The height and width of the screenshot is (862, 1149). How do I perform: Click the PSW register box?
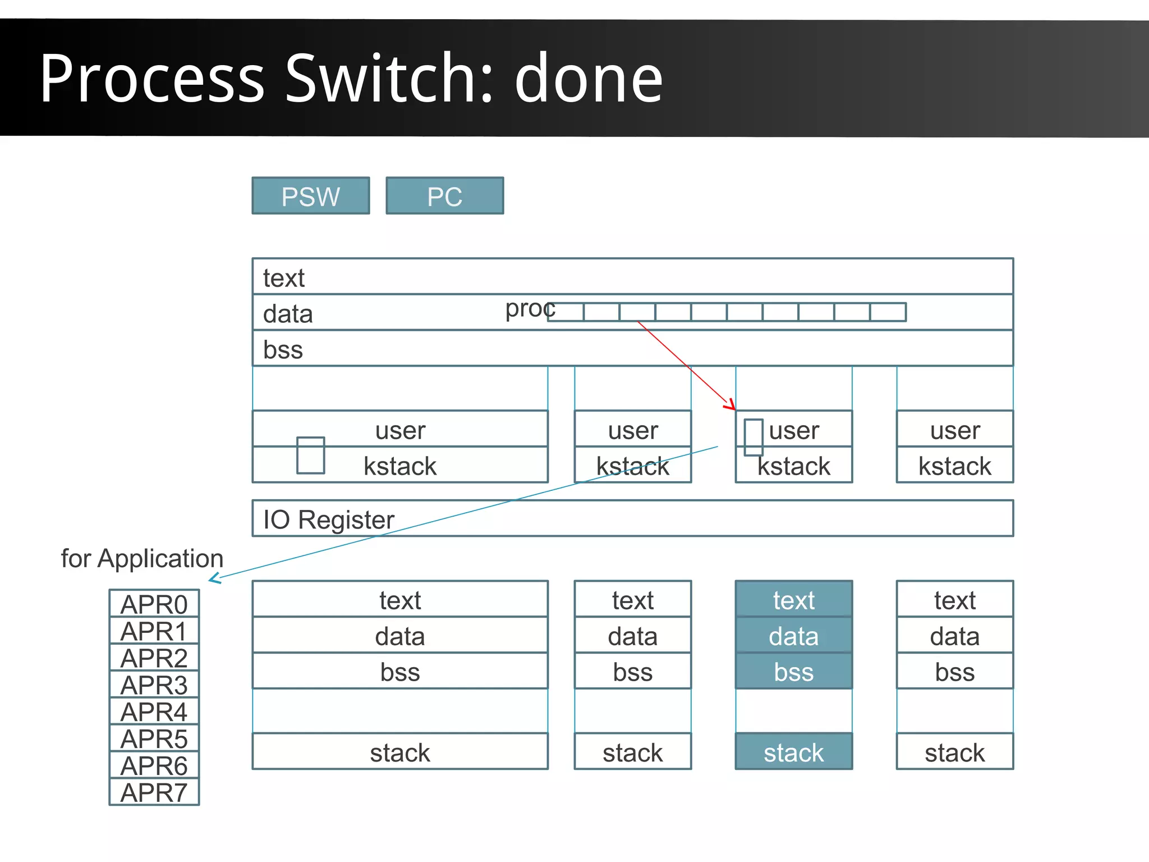[x=310, y=196]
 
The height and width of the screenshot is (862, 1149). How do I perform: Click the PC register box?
[x=444, y=196]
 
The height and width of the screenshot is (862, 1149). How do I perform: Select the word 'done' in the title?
[x=589, y=79]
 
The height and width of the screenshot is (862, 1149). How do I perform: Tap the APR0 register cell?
[x=154, y=604]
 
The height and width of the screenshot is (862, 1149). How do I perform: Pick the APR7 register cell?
[x=154, y=792]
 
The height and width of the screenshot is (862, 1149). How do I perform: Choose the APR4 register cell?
[x=154, y=712]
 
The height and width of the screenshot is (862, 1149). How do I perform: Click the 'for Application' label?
[x=142, y=559]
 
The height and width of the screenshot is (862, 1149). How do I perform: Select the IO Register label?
[x=329, y=519]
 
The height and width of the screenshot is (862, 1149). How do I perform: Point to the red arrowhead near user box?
[x=731, y=405]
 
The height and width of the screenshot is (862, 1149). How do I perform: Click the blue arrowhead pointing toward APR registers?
[x=213, y=578]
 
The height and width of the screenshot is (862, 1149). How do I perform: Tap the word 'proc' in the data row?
[x=529, y=308]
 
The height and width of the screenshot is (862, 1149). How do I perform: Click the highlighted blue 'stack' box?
[x=793, y=752]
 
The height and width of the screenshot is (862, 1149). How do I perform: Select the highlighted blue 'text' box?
[x=793, y=600]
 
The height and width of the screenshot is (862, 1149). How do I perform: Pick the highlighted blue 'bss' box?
[x=793, y=672]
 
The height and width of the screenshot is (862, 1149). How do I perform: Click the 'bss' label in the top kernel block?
[x=283, y=349]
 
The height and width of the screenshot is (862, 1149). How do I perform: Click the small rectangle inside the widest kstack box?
[x=311, y=455]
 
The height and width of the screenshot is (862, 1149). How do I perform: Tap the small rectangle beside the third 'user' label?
[x=753, y=437]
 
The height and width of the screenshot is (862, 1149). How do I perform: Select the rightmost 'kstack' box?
[x=954, y=466]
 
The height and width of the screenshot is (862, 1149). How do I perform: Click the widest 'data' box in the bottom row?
[x=399, y=636]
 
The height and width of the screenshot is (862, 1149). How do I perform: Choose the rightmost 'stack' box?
[x=954, y=752]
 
